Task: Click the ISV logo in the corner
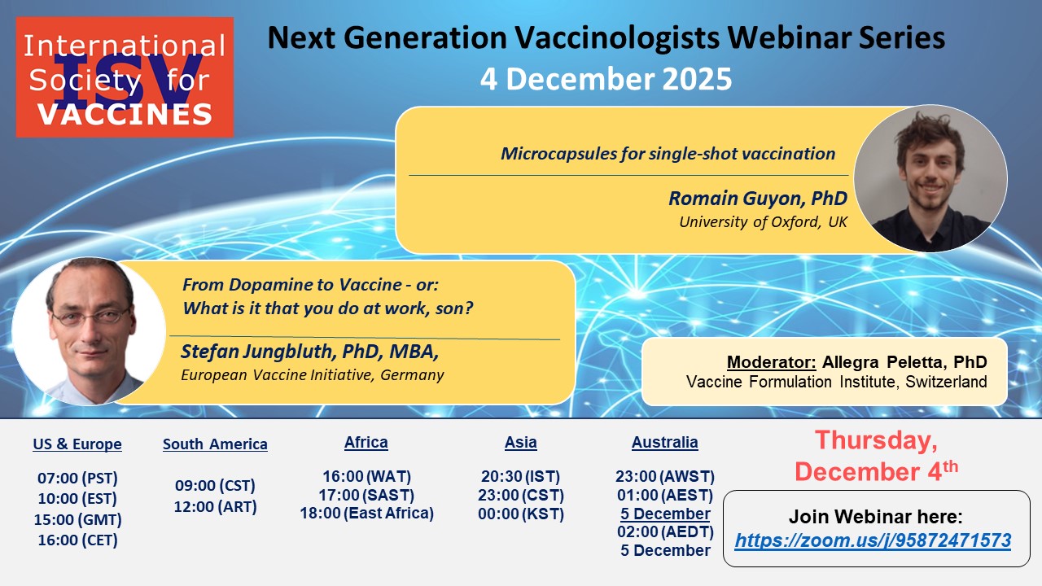(125, 77)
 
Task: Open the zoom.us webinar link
(873, 540)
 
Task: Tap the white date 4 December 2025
(606, 79)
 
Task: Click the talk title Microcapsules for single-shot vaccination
(668, 154)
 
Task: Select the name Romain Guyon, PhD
(758, 198)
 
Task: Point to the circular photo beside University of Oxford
(930, 178)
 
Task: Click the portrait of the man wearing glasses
(89, 331)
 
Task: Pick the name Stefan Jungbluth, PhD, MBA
(310, 352)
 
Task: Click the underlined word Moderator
(771, 362)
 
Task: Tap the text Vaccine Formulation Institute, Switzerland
(836, 382)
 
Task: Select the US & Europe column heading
(77, 444)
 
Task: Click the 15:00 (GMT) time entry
(77, 519)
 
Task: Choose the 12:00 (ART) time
(216, 506)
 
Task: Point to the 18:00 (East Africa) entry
(367, 514)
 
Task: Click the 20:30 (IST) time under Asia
(520, 477)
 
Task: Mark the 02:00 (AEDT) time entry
(665, 531)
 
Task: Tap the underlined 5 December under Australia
(665, 514)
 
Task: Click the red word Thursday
(876, 440)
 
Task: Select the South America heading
(215, 444)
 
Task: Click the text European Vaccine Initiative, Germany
(313, 375)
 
